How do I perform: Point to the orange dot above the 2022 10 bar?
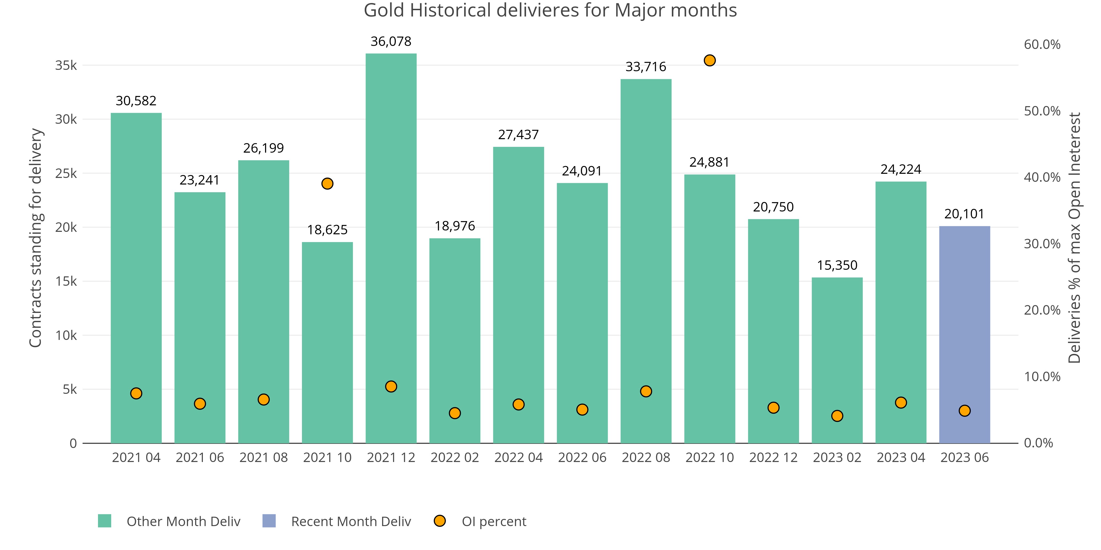710,61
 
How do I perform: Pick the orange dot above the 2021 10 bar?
327,184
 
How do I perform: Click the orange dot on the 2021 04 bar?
136,393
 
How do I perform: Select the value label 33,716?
645,67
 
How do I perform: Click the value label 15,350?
837,265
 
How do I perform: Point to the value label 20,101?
964,213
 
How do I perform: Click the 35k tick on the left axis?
66,65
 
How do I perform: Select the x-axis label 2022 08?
645,457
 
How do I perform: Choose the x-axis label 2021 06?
200,457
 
